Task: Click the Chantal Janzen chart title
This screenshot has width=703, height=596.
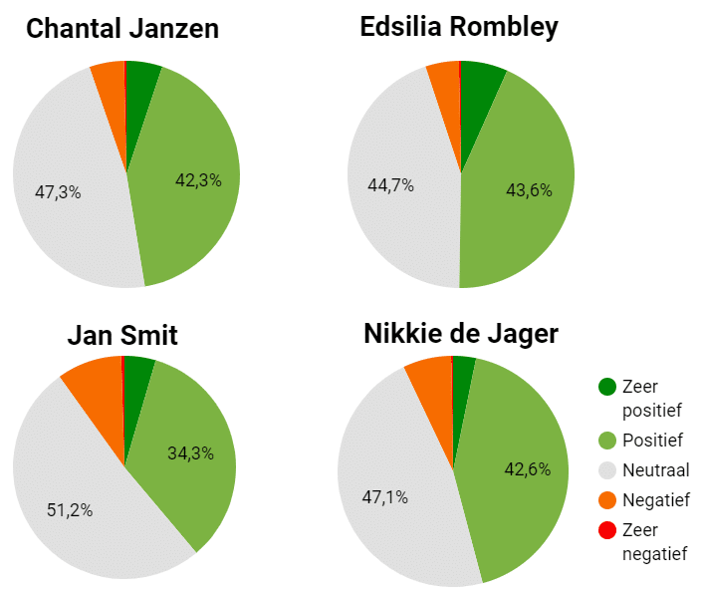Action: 122,29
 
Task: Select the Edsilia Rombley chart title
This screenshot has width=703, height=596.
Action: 459,27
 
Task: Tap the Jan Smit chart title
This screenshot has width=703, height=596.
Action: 122,335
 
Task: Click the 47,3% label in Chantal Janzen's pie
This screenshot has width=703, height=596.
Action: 58,192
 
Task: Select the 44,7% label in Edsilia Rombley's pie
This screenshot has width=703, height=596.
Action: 390,184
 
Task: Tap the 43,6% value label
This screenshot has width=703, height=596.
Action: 527,189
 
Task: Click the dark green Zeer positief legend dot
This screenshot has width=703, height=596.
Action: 605,387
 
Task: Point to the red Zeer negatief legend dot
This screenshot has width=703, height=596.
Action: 605,531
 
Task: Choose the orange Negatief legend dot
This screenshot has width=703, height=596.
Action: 605,500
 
